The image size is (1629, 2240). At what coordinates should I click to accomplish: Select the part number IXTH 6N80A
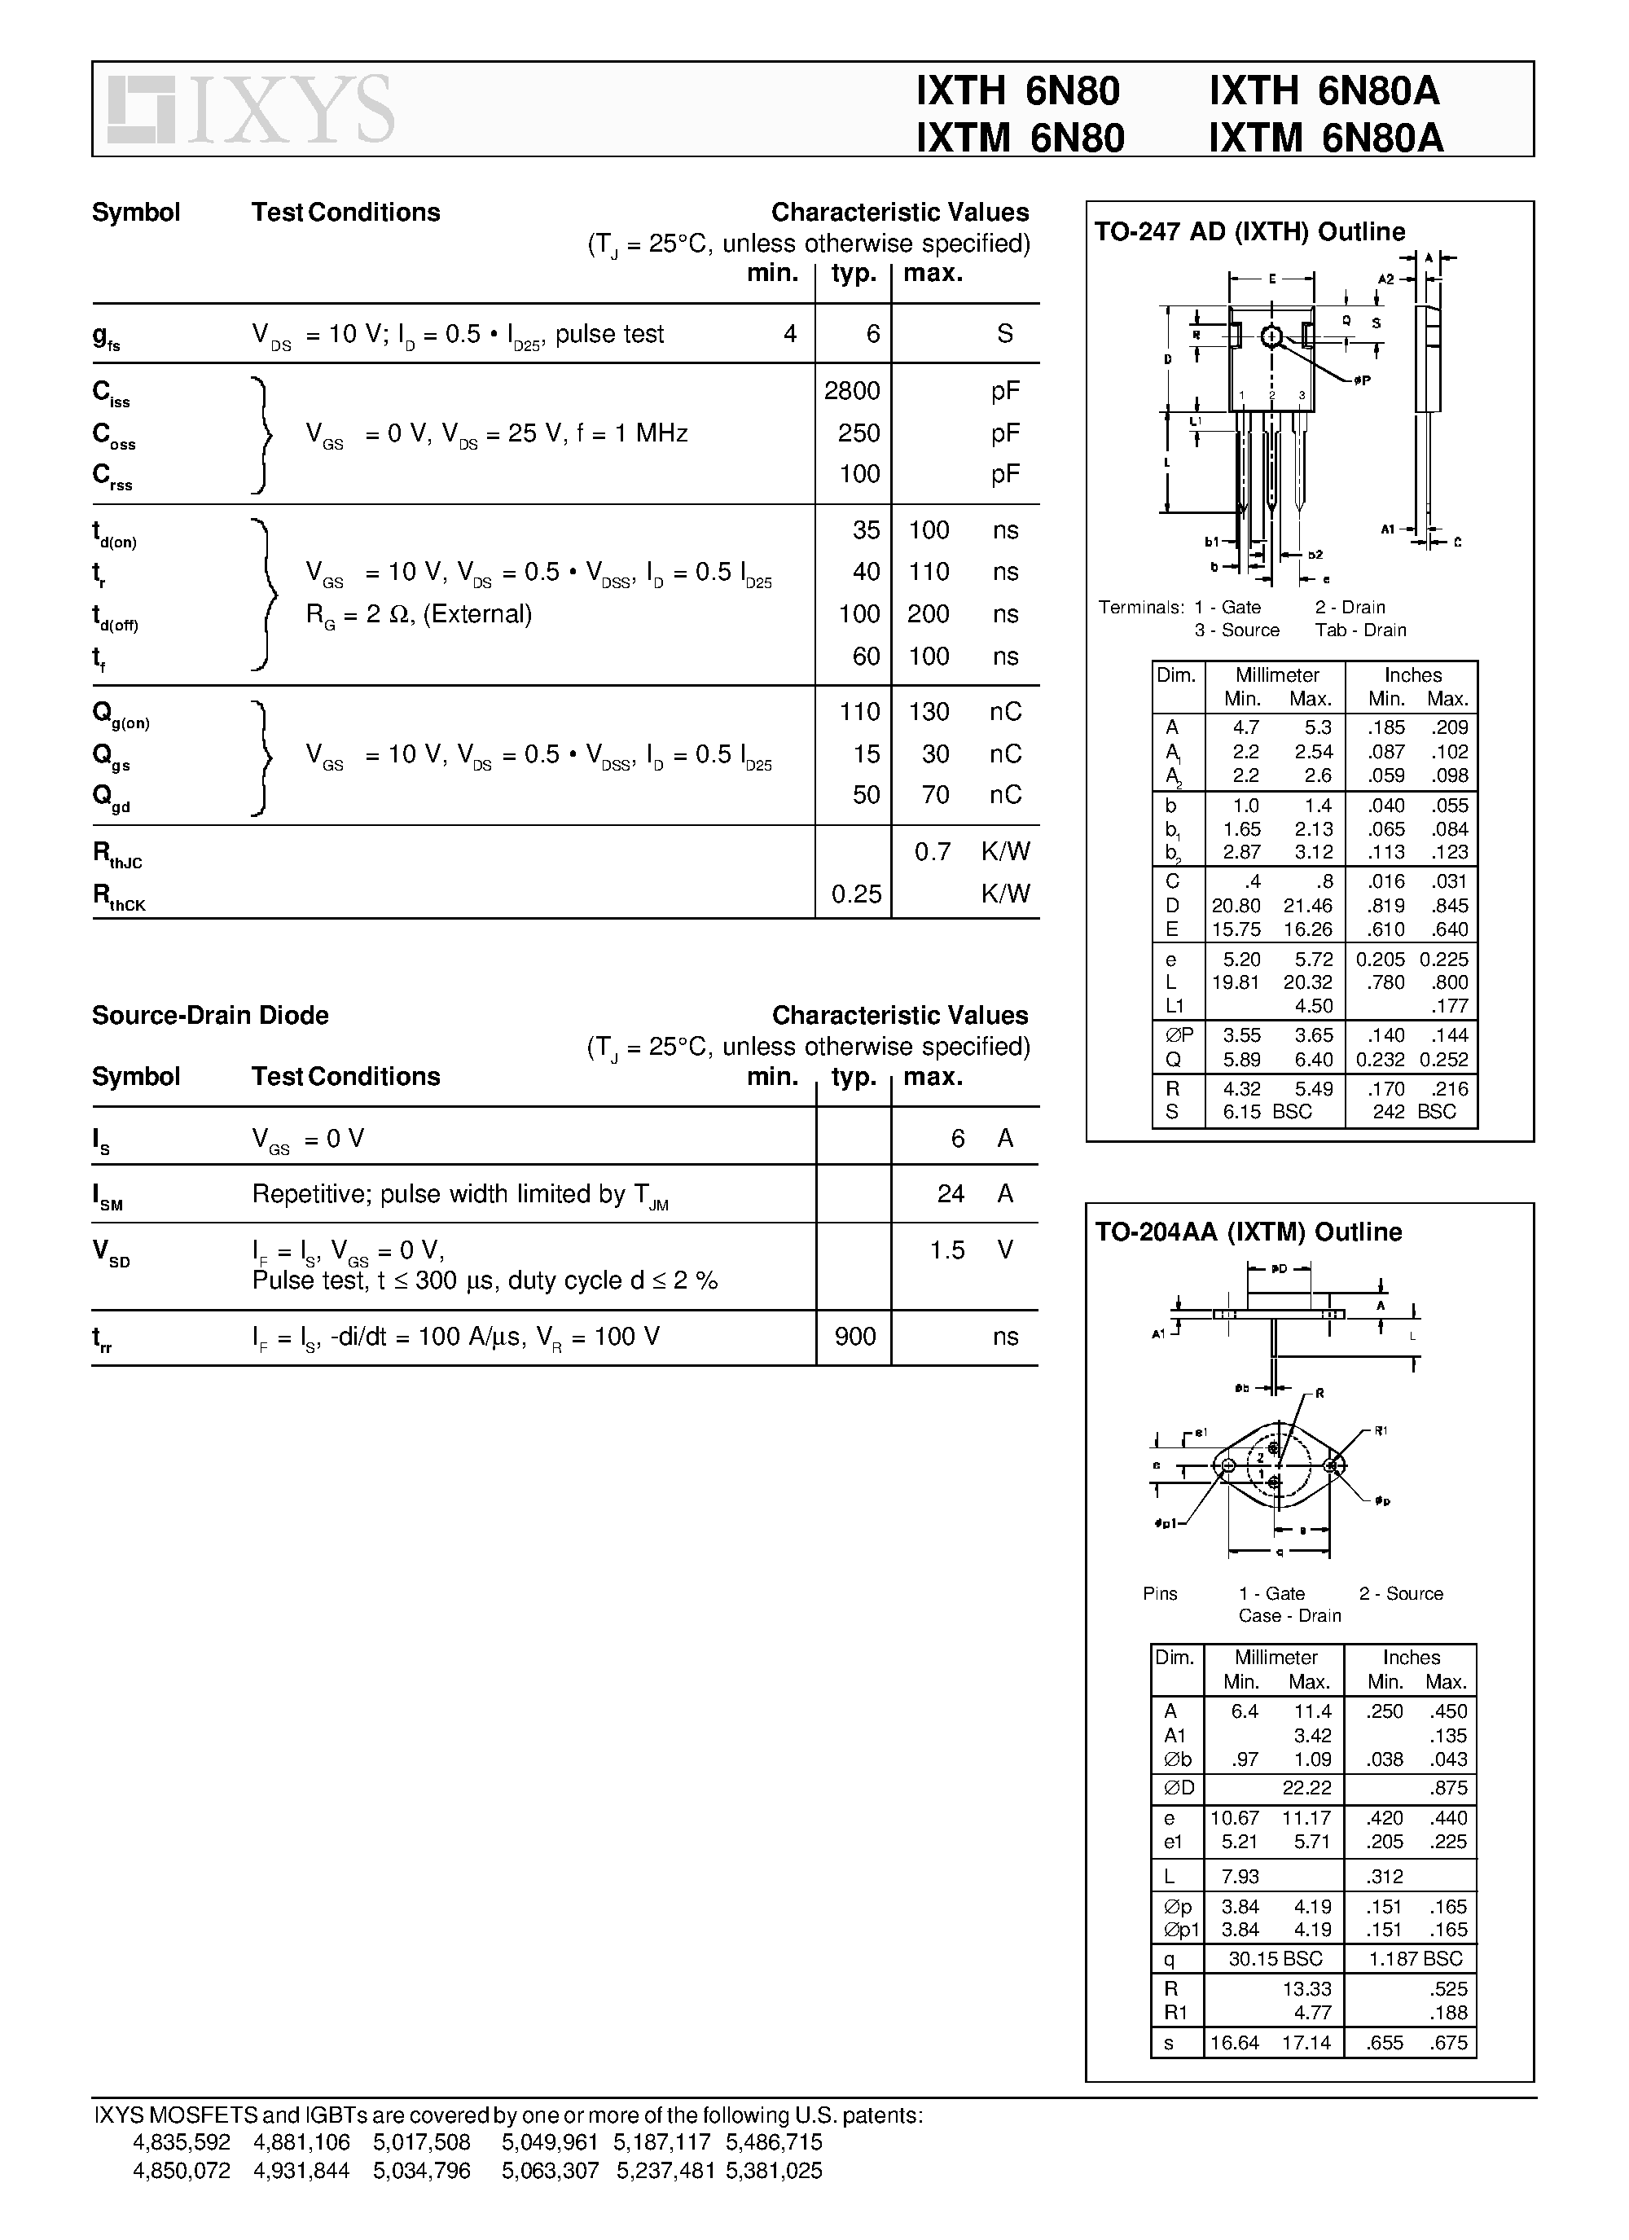click(1324, 92)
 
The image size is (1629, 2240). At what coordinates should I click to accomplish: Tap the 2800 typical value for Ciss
click(851, 391)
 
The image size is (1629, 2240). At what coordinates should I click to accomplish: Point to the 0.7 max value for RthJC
click(932, 852)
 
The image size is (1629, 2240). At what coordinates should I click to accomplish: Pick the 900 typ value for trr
click(854, 1337)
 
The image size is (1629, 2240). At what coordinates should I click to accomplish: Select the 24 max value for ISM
click(951, 1194)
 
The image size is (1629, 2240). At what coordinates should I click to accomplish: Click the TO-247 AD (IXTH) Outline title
click(1249, 232)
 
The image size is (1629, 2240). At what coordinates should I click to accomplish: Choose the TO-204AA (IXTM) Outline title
click(1248, 1232)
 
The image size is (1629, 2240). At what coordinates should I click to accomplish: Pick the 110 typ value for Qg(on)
click(858, 712)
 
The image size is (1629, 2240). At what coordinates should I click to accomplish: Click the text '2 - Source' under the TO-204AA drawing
click(1400, 1594)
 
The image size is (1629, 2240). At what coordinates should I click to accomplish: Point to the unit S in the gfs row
click(1004, 334)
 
